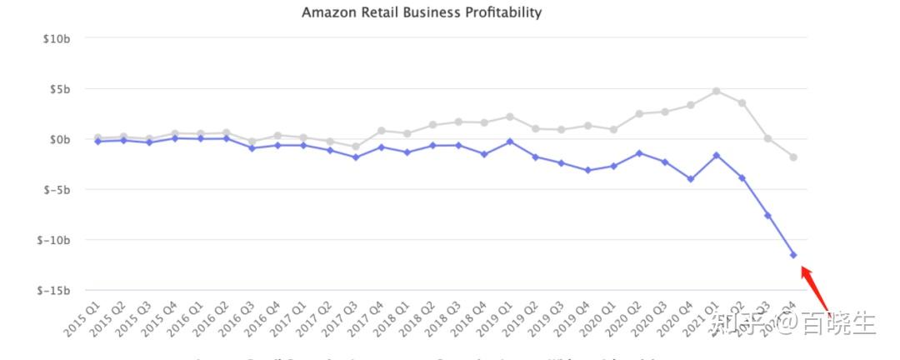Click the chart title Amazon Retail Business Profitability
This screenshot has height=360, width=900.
point(421,12)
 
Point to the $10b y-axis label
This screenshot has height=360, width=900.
point(57,38)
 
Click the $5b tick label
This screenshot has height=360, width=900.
point(59,89)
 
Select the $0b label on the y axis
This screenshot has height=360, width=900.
point(59,139)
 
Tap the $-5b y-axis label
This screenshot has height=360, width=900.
point(57,190)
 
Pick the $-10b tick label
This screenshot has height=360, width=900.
point(54,240)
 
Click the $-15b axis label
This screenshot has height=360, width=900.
point(54,291)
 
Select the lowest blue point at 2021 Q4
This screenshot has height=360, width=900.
point(793,255)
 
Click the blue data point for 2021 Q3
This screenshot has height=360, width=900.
point(767,216)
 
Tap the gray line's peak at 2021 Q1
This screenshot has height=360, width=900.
point(716,91)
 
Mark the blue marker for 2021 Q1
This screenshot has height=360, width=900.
point(716,155)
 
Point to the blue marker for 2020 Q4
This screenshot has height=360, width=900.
point(690,179)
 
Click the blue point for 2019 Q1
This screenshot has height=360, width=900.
point(510,142)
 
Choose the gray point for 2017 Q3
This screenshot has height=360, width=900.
point(355,147)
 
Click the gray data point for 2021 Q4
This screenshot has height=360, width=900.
point(793,157)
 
